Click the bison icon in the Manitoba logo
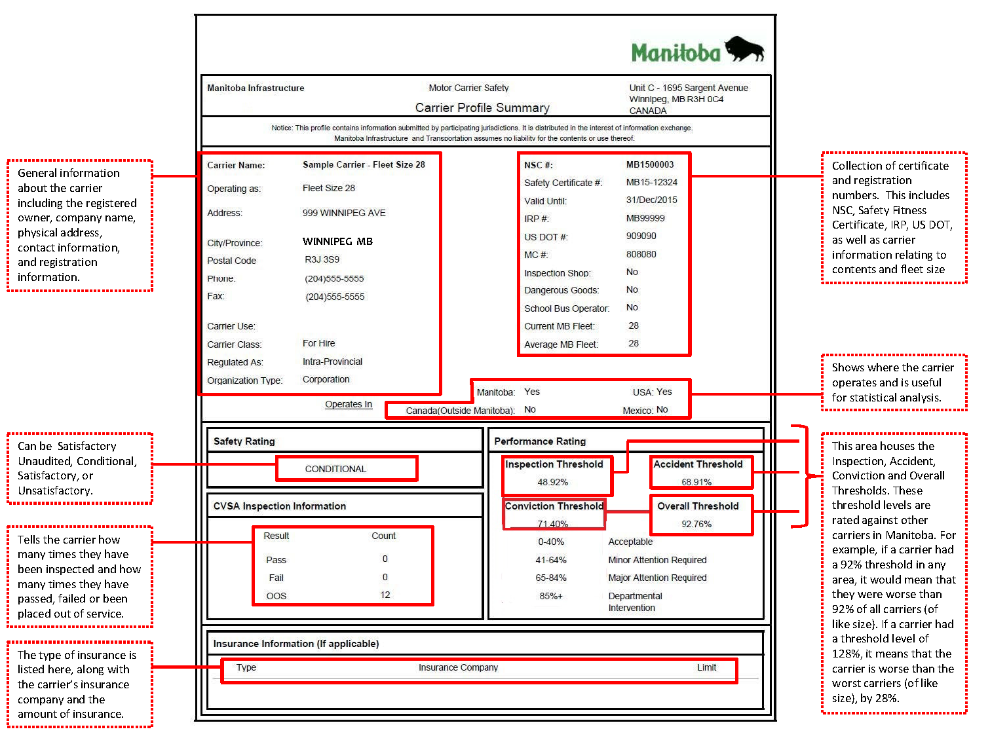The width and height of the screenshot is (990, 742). pyautogui.click(x=744, y=49)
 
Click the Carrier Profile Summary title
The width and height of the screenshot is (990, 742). pyautogui.click(x=482, y=108)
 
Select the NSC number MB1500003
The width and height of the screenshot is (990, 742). pyautogui.click(x=649, y=164)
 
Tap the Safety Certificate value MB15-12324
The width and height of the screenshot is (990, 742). pyautogui.click(x=651, y=182)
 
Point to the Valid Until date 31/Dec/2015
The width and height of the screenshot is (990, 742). pyautogui.click(x=651, y=200)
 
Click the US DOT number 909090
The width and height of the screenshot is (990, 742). pyautogui.click(x=641, y=236)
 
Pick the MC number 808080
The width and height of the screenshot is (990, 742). pyautogui.click(x=641, y=254)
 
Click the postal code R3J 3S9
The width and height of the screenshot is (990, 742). pyautogui.click(x=322, y=259)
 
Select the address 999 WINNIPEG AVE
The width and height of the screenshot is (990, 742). pyautogui.click(x=344, y=213)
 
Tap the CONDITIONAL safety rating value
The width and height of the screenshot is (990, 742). pyautogui.click(x=335, y=469)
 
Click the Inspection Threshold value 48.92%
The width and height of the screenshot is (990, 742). pyautogui.click(x=552, y=482)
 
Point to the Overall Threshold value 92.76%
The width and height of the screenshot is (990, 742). pyautogui.click(x=696, y=524)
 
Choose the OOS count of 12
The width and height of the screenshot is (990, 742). pyautogui.click(x=385, y=595)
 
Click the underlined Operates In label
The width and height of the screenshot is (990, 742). pyautogui.click(x=349, y=404)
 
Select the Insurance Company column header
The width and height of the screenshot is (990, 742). pyautogui.click(x=458, y=667)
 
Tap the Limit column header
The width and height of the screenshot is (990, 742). pyautogui.click(x=706, y=667)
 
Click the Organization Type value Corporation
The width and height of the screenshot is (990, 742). pyautogui.click(x=326, y=379)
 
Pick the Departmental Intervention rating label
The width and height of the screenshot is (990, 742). pyautogui.click(x=635, y=602)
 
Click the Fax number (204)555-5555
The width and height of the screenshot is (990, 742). pyautogui.click(x=335, y=297)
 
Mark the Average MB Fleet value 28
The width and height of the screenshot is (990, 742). pyautogui.click(x=634, y=343)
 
